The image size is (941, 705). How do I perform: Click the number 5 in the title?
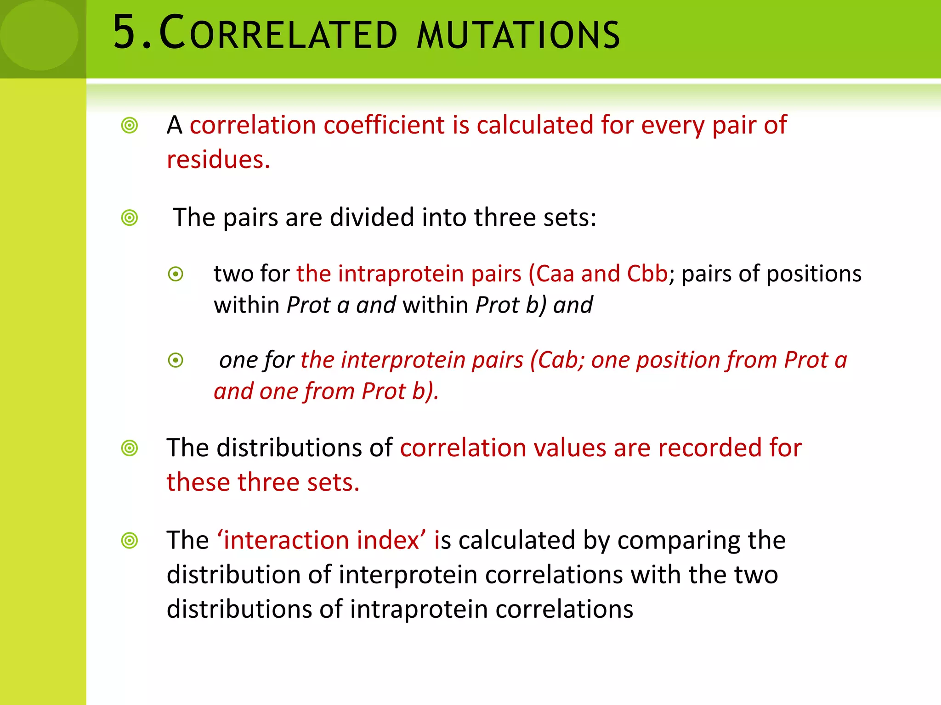click(x=125, y=33)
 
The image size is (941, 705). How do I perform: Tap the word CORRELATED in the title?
click(x=278, y=33)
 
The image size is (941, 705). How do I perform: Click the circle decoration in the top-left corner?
click(x=39, y=35)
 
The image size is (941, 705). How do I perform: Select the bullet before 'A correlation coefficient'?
click(x=130, y=125)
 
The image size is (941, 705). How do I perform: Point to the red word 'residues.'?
click(x=218, y=160)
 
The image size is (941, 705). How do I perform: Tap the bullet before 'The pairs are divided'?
click(x=130, y=218)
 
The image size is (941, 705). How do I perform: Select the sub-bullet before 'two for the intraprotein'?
click(x=176, y=274)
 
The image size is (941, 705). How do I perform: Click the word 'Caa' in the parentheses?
click(x=555, y=274)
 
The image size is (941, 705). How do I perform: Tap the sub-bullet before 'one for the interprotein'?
click(x=176, y=360)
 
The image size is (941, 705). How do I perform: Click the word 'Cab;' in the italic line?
click(x=561, y=360)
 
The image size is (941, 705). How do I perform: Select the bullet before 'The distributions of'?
click(x=130, y=448)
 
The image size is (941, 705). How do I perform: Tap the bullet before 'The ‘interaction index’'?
click(x=130, y=540)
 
